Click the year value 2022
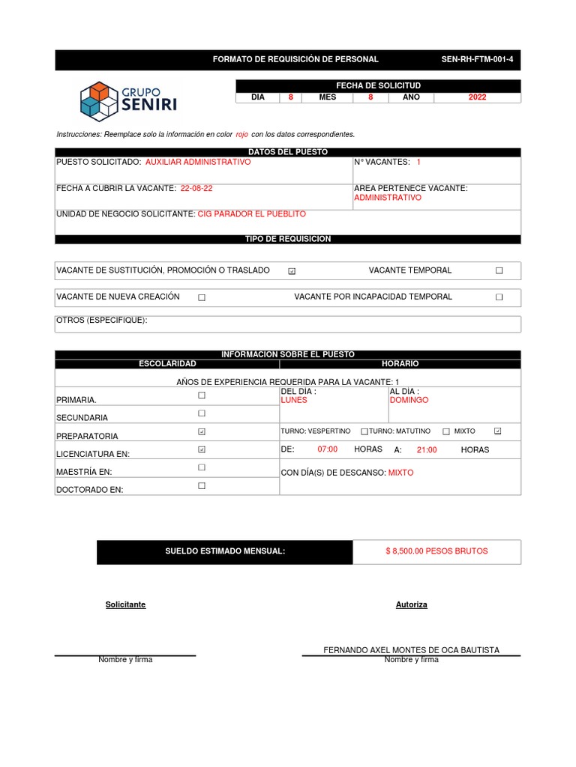pyautogui.click(x=477, y=97)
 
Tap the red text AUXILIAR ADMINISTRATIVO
pyautogui.click(x=198, y=162)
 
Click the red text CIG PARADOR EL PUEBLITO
pyautogui.click(x=251, y=214)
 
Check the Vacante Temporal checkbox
pyautogui.click(x=499, y=270)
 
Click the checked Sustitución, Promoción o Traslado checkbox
pyautogui.click(x=292, y=271)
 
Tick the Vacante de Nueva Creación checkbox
pyautogui.click(x=202, y=297)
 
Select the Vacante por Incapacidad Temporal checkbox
pyautogui.click(x=499, y=297)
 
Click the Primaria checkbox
pyautogui.click(x=201, y=395)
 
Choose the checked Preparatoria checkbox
pyautogui.click(x=201, y=431)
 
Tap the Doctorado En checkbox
pyautogui.click(x=201, y=486)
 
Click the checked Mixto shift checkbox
pyautogui.click(x=498, y=431)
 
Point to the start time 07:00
pyautogui.click(x=328, y=450)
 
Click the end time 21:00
pyautogui.click(x=427, y=450)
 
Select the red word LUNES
pyautogui.click(x=294, y=400)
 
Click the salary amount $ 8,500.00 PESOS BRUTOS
pyautogui.click(x=436, y=551)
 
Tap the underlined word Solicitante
pyautogui.click(x=125, y=604)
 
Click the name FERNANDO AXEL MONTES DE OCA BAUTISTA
pyautogui.click(x=411, y=650)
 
